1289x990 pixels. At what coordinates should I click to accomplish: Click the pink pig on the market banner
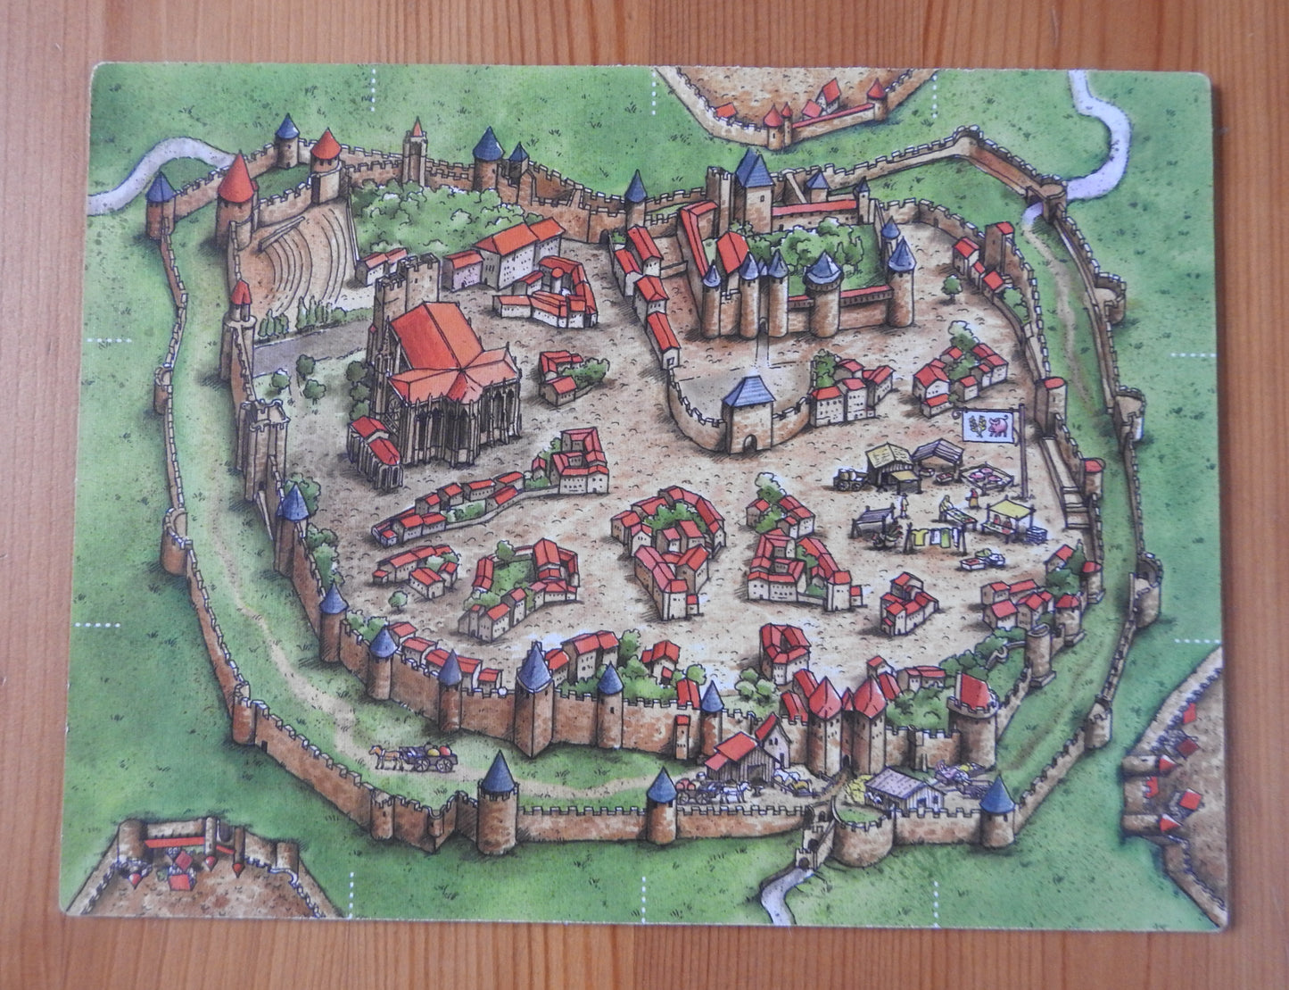point(1000,429)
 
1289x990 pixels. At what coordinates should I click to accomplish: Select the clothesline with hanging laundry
point(928,537)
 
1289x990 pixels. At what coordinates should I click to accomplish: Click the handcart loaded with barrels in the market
point(846,480)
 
